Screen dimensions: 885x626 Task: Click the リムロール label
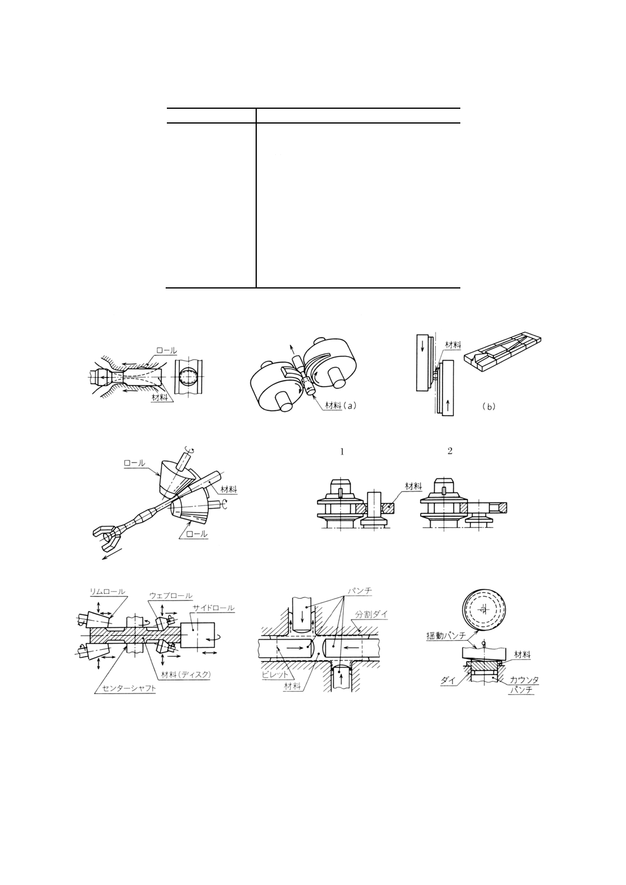pos(107,591)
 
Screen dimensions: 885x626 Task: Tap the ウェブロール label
pos(170,596)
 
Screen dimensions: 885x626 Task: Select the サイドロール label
pos(214,608)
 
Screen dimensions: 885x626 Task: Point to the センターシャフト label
pos(125,689)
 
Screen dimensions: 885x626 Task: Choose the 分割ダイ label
pos(371,615)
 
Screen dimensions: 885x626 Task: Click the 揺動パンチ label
pos(446,636)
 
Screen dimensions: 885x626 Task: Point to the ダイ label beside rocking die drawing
pos(447,680)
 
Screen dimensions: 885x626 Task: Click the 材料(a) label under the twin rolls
pos(342,406)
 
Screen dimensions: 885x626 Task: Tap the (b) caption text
pos(488,407)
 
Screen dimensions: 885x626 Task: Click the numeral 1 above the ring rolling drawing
pos(342,452)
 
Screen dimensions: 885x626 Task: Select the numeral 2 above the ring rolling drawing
pos(450,451)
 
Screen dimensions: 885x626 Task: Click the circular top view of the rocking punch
pos(483,610)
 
